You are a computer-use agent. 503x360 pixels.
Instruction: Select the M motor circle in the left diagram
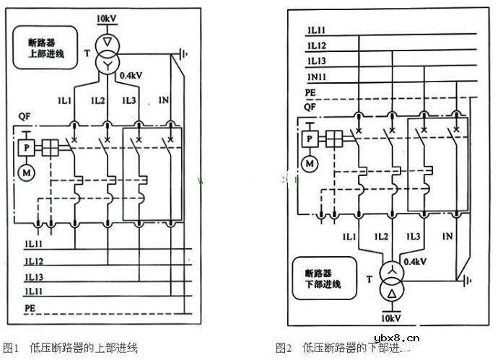click(x=26, y=174)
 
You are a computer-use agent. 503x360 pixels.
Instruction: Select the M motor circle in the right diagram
click(x=310, y=164)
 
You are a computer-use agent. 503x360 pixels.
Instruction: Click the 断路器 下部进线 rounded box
click(x=325, y=278)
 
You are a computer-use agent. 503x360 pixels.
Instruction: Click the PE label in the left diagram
click(x=30, y=307)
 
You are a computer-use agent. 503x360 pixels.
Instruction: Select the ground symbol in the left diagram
click(x=184, y=53)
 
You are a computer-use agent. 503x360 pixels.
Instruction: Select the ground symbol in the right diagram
click(x=468, y=279)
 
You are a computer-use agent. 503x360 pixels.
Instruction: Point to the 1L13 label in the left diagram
click(x=35, y=277)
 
